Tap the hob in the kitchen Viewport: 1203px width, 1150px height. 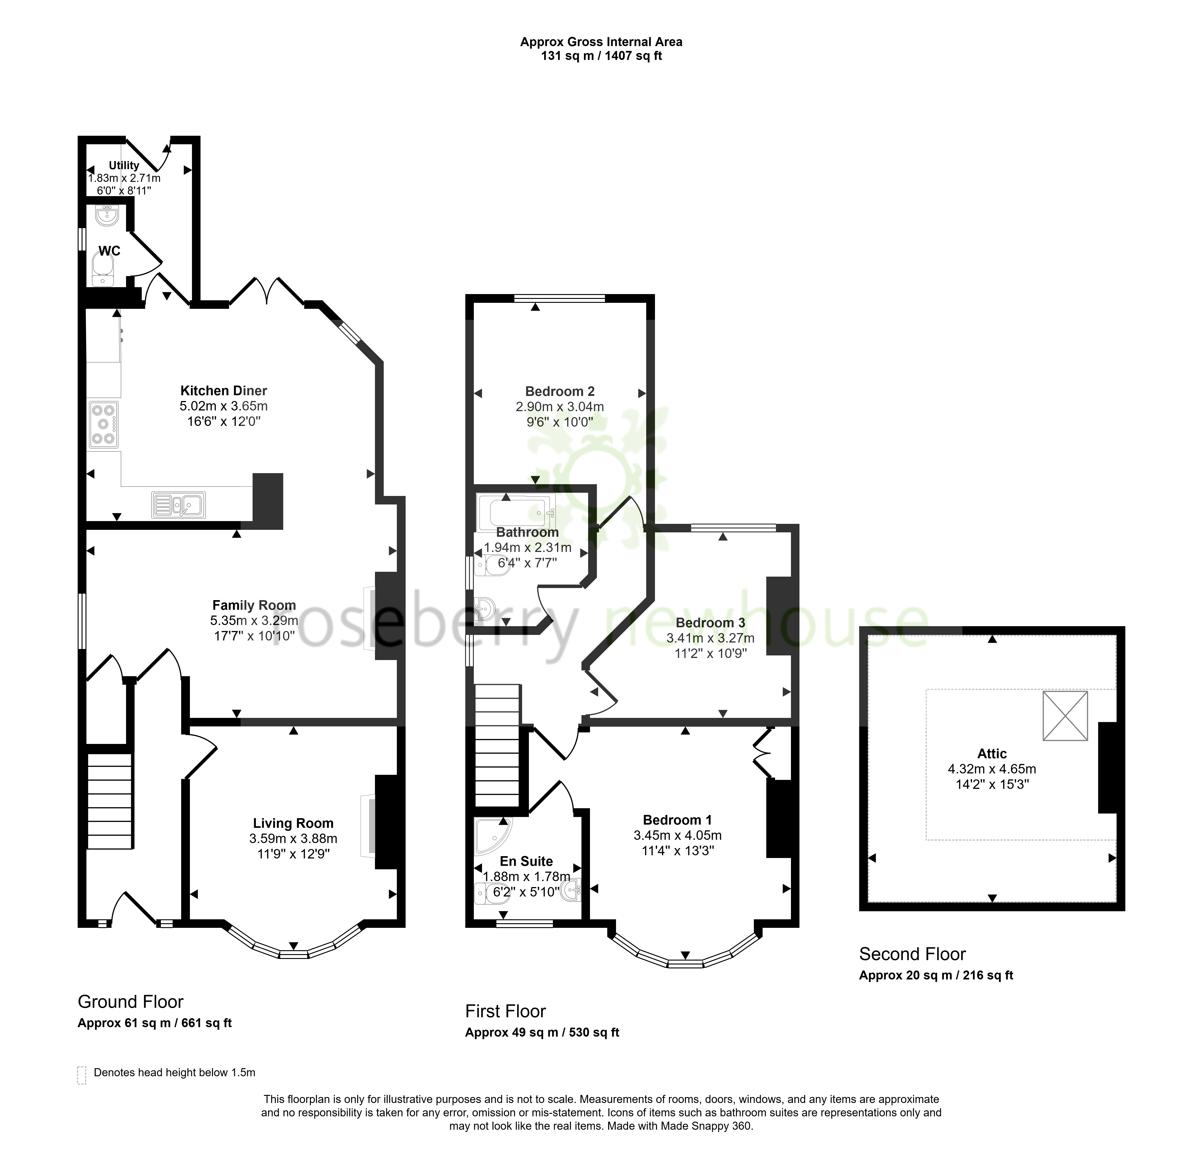pos(103,424)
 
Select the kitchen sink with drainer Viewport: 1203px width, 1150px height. pos(178,505)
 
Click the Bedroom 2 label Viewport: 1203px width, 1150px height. pos(560,391)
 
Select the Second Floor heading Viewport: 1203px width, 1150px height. pos(912,954)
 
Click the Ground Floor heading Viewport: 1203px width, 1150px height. pos(131,1002)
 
